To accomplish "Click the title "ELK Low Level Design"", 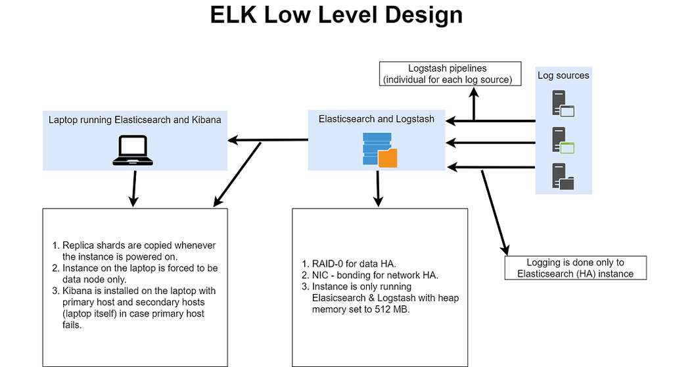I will pos(336,15).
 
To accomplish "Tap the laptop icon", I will pos(133,150).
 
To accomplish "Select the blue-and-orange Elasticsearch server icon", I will pos(379,149).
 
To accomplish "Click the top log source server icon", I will pos(563,104).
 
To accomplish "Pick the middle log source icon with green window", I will pos(563,140).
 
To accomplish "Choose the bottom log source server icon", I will pos(563,176).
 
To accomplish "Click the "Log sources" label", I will pos(563,76).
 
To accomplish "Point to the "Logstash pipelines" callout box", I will pos(451,74).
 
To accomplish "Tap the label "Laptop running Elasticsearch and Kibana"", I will pos(135,120).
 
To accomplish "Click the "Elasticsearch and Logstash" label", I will pos(377,119).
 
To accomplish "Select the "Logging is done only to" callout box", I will pos(575,268).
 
